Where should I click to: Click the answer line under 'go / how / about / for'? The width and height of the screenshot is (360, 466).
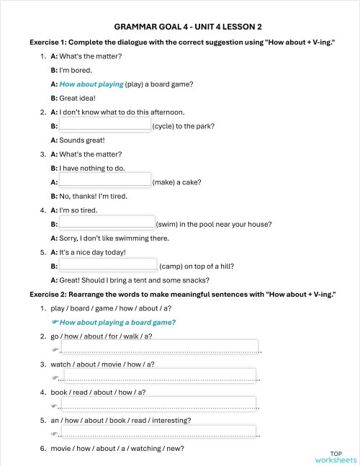tap(158, 348)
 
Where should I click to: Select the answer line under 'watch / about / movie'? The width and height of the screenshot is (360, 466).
tap(158, 376)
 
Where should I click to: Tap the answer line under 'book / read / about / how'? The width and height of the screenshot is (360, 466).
tap(158, 404)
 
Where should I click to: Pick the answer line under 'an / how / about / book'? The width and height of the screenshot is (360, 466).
tap(158, 432)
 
